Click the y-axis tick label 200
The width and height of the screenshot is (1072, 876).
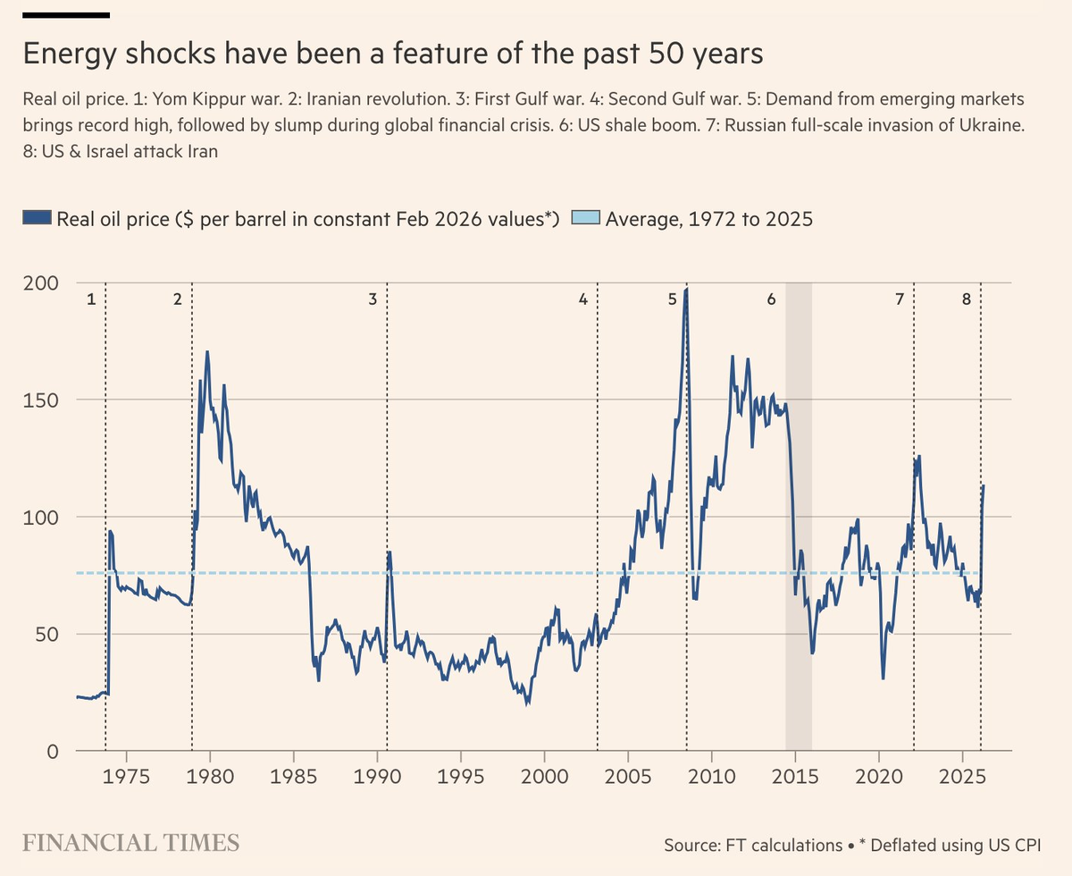coord(41,282)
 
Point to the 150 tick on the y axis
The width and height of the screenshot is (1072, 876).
coord(41,400)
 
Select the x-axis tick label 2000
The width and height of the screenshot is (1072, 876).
coord(545,773)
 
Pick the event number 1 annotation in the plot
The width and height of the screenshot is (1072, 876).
coord(90,299)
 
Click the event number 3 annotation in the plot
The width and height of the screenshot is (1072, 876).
coord(373,299)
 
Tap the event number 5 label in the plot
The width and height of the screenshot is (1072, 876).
coord(672,299)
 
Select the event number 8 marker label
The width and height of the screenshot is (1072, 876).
coord(966,299)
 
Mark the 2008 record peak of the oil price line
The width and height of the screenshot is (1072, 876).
coord(685,290)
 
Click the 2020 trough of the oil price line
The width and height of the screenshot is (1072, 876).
coord(883,678)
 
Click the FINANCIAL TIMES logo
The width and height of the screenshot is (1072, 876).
coord(130,842)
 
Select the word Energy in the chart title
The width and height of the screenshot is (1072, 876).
coord(69,55)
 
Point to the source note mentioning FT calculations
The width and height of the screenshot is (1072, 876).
coord(751,845)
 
